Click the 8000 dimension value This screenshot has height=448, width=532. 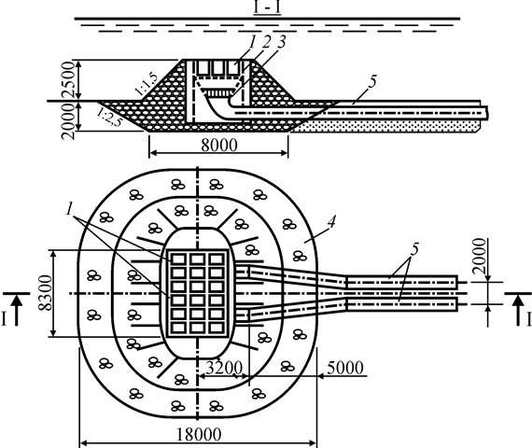219,145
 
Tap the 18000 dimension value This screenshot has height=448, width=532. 199,434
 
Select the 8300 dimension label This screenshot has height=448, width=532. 45,293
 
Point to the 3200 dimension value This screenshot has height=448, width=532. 224,367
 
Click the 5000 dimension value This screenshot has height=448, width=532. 345,367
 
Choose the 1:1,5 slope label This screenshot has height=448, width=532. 147,84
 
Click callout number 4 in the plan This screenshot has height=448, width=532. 331,222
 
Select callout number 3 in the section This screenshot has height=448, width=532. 281,42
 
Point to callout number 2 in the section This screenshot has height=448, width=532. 267,42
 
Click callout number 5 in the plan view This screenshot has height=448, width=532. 414,249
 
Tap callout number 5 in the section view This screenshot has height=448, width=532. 372,82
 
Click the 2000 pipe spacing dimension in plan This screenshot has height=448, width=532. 480,257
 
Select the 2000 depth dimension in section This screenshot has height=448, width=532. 68,121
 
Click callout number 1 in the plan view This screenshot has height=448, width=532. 70,209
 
